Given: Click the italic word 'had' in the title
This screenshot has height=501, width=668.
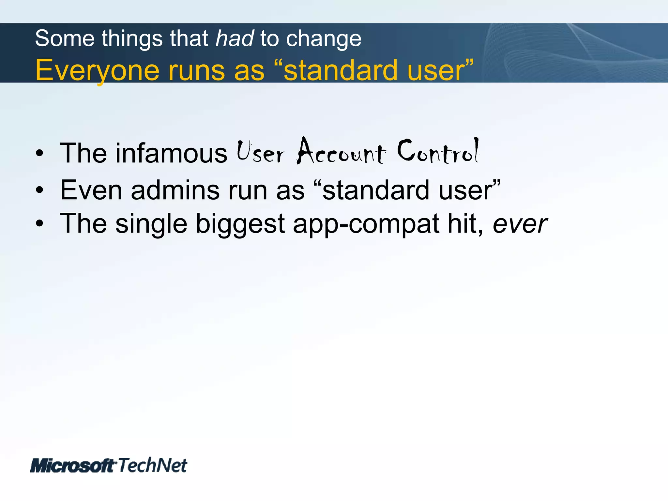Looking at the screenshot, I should tap(235, 38).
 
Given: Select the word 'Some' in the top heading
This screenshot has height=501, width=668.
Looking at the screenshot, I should tap(65, 38).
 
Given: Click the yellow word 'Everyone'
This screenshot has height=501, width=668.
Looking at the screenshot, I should tap(97, 70).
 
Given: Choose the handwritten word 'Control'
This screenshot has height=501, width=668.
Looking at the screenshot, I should tap(438, 151).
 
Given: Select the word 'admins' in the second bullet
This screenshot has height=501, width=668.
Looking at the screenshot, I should tap(175, 190).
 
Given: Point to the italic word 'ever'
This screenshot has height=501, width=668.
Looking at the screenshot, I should tap(520, 224).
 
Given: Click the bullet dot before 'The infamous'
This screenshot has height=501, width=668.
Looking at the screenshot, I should tap(39, 153).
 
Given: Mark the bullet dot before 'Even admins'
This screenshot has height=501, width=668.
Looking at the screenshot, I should tap(39, 190).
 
